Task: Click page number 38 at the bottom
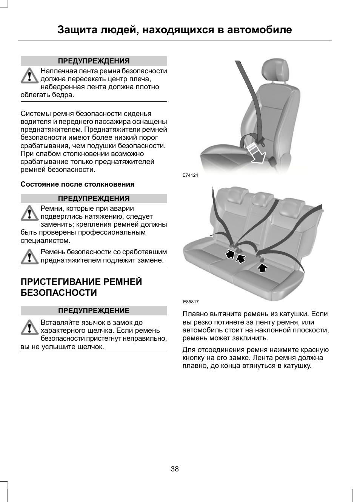click(175, 469)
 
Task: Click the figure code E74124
click(190, 175)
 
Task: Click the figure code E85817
click(191, 302)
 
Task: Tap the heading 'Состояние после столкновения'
click(77, 184)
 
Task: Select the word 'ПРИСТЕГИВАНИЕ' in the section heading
click(59, 282)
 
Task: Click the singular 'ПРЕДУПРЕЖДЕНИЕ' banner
click(94, 311)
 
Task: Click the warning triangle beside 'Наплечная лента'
click(30, 76)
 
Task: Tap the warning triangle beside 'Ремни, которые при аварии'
click(30, 213)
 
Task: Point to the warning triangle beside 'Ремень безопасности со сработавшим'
click(30, 256)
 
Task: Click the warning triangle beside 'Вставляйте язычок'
click(30, 327)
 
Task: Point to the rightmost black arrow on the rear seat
click(263, 267)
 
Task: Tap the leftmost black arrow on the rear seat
click(230, 254)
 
